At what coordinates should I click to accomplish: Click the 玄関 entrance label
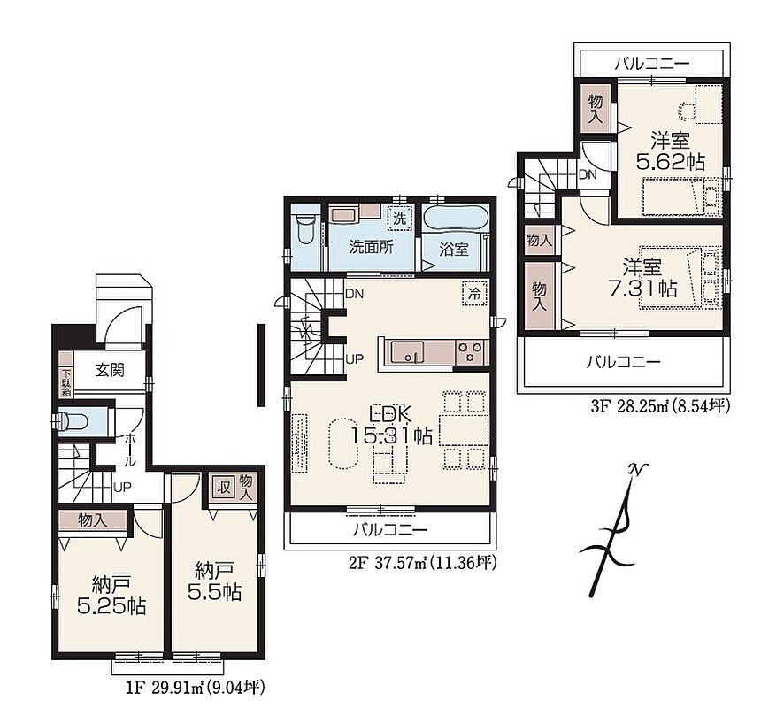110,371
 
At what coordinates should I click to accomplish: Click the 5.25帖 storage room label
111,595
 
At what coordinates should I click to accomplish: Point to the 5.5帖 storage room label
214,581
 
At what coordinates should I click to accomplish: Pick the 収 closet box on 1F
224,487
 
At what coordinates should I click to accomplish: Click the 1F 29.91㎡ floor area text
195,688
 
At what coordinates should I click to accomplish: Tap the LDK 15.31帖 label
390,425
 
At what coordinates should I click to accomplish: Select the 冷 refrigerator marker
475,294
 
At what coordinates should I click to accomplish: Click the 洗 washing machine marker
400,219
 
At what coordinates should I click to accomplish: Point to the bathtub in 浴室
456,218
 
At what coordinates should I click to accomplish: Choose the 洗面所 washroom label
371,247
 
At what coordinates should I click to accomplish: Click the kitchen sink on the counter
407,352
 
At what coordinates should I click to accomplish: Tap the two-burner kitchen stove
470,351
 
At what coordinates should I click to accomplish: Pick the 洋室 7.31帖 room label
642,278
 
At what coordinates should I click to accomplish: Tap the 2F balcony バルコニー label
391,529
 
